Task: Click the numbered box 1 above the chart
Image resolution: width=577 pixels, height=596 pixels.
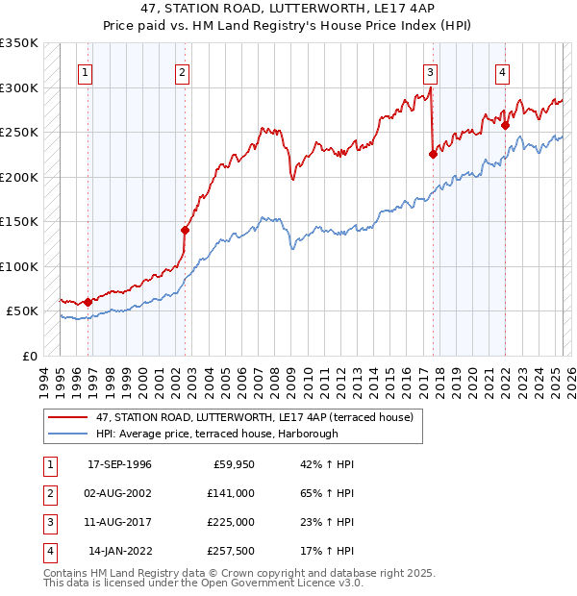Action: click(x=86, y=72)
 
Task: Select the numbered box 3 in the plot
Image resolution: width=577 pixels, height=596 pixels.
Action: click(x=431, y=72)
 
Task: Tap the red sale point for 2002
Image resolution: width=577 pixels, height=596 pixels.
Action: click(x=185, y=230)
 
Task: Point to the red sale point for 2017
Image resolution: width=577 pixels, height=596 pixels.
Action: click(x=433, y=154)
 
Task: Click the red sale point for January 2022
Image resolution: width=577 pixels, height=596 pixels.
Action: click(x=505, y=124)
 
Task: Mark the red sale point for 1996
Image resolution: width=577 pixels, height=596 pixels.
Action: click(x=88, y=302)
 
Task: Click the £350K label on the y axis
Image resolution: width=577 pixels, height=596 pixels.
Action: click(x=19, y=43)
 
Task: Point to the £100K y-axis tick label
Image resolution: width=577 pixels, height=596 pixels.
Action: click(x=19, y=266)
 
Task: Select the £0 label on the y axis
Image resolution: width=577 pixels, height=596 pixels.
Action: click(x=30, y=356)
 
